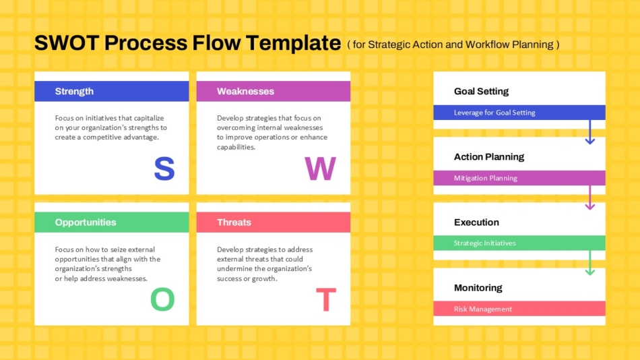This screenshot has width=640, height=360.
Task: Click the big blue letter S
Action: [x=164, y=169]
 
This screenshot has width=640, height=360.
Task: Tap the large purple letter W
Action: [x=321, y=169]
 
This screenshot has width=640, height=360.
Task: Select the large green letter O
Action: [x=162, y=300]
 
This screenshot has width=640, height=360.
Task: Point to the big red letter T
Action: [x=326, y=300]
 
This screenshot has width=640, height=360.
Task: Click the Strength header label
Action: [x=74, y=91]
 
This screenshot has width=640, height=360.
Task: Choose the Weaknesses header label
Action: [x=245, y=91]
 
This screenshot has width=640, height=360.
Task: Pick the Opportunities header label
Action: [x=86, y=222]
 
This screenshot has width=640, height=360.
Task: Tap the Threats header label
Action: [x=234, y=222]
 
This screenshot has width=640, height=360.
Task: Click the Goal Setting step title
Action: [x=481, y=92]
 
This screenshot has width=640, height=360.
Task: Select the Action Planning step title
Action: [x=488, y=157]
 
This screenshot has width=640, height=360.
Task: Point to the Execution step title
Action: [x=476, y=222]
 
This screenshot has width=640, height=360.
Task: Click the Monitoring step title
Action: [x=478, y=288]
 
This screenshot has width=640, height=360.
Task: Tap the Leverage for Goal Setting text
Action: [x=494, y=113]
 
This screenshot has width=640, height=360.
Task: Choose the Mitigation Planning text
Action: [x=485, y=178]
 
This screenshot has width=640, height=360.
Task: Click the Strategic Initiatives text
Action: [x=484, y=243]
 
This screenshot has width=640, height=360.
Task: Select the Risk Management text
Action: [x=482, y=309]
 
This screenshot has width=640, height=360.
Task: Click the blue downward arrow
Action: [x=589, y=133]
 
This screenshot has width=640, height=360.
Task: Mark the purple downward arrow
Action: [x=589, y=198]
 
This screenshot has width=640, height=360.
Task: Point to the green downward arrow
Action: [x=589, y=264]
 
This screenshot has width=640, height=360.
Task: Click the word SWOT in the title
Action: [x=67, y=43]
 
